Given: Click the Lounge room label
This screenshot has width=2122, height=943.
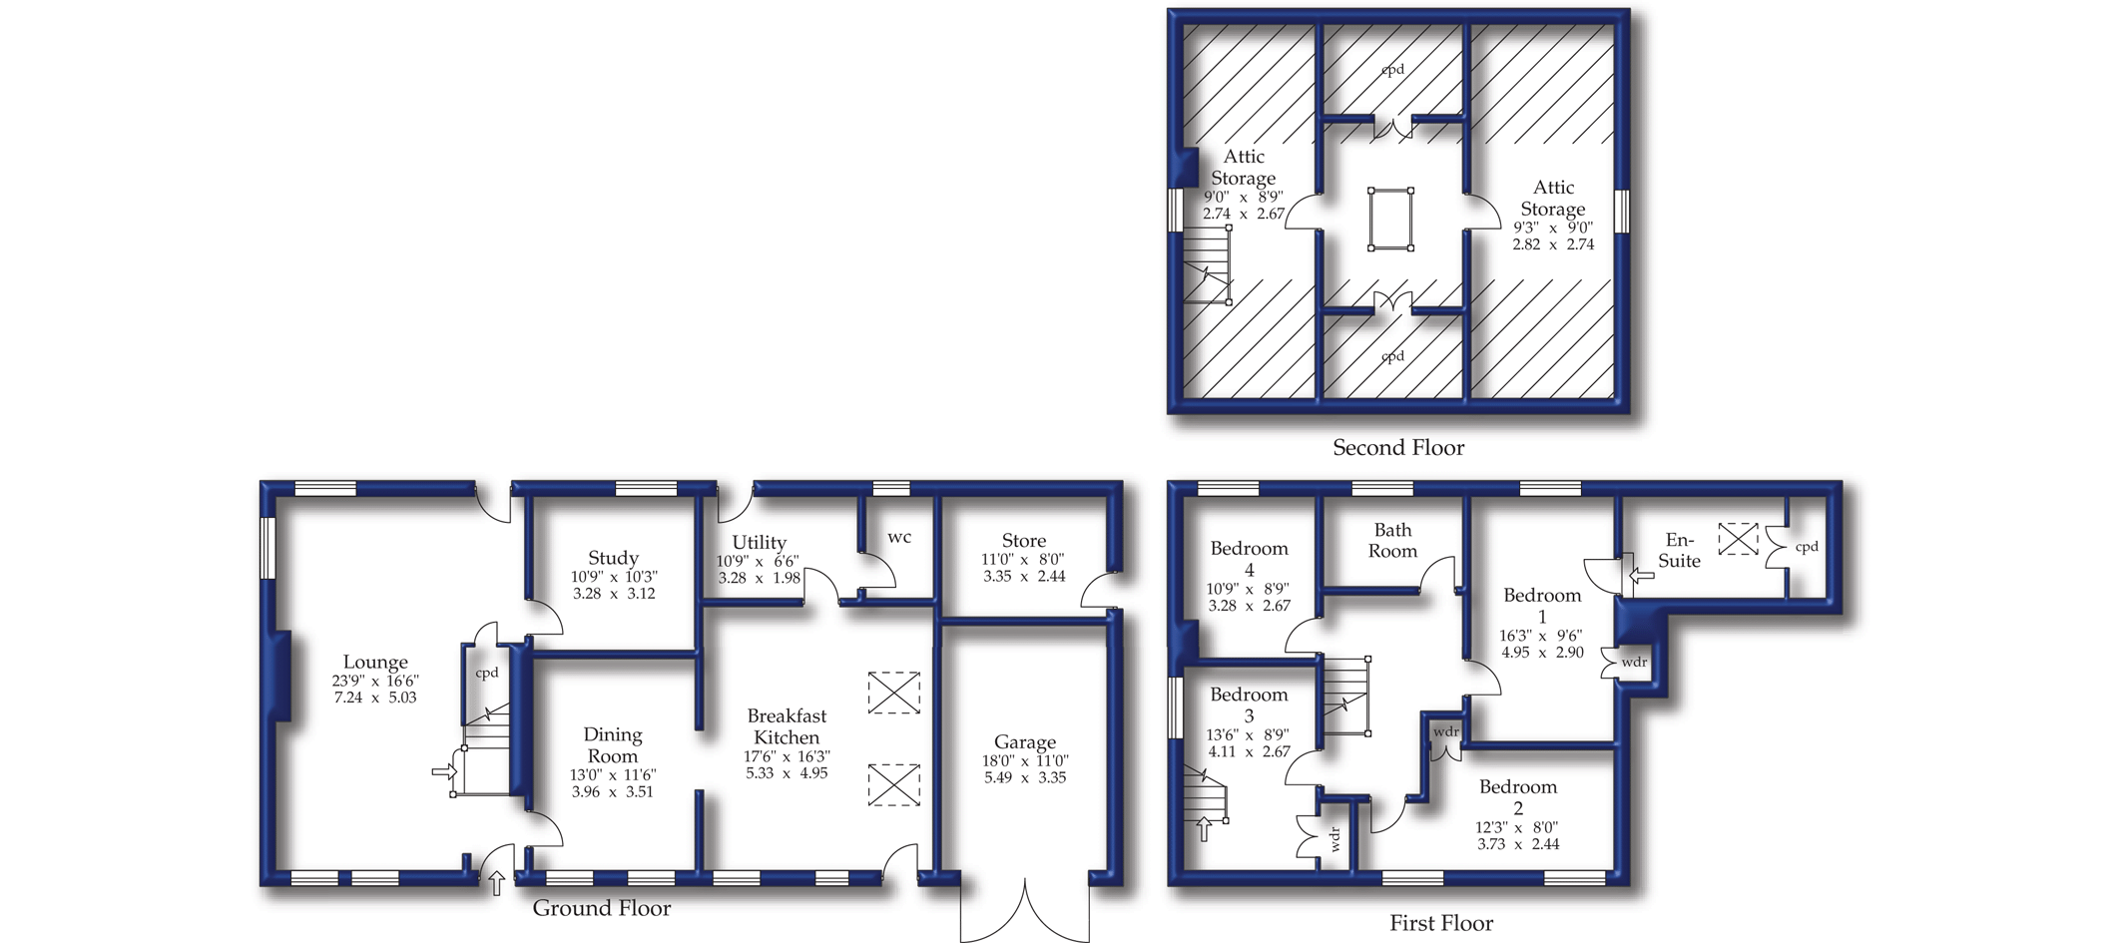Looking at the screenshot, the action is (x=375, y=662).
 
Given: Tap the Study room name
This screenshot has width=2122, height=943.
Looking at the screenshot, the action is (x=613, y=558).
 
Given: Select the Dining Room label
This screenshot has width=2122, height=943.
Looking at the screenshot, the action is (x=612, y=745).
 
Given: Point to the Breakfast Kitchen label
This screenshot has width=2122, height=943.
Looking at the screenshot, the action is (x=787, y=726).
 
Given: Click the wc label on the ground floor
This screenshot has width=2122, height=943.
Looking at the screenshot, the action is (x=899, y=538).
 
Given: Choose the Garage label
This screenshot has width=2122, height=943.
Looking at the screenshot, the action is (x=1025, y=742).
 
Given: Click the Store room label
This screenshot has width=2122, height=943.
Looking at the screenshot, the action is (x=1024, y=540).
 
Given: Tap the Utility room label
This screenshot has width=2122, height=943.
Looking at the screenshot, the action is (x=759, y=543).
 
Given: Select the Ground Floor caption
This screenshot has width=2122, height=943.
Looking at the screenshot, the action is (x=602, y=908).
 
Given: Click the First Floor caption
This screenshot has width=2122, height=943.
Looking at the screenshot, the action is (x=1441, y=923).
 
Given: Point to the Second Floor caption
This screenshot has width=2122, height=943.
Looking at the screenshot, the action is (x=1398, y=448).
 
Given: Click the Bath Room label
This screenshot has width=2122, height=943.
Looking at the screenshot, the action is (x=1392, y=540).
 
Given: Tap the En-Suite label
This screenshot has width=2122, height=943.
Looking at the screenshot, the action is (x=1679, y=550).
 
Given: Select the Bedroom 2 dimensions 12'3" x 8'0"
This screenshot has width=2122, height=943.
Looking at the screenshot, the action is (x=1518, y=827).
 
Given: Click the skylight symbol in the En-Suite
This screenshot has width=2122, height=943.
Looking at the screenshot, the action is (x=1738, y=539).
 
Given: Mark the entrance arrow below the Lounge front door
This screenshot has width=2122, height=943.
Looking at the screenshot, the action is (x=497, y=882).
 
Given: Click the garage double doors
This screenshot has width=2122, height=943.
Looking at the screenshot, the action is (x=1025, y=910).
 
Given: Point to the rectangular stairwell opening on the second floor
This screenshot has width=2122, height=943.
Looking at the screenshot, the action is (x=1390, y=218).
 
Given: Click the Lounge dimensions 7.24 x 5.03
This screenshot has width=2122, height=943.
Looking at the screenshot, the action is (x=375, y=698).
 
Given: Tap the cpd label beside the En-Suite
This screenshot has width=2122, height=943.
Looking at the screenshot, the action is (x=1807, y=547).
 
